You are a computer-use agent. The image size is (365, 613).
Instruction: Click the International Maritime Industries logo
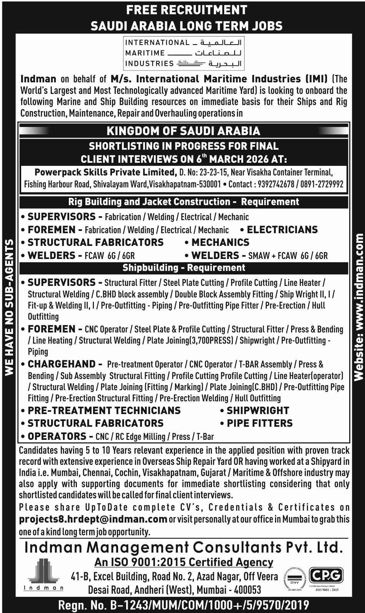point(183,53)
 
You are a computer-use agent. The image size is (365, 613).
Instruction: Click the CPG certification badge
point(326,575)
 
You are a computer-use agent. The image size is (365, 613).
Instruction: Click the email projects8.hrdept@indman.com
point(93,519)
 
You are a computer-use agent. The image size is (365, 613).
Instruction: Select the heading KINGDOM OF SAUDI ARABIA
point(183,131)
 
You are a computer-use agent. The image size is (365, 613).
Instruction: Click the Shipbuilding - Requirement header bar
point(183,267)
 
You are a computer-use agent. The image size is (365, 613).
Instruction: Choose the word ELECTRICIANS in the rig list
point(282,230)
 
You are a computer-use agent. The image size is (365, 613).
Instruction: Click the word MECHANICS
point(220,242)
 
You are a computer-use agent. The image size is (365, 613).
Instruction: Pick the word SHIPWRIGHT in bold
point(258,411)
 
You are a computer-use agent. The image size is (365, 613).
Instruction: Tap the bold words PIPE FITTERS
point(260,423)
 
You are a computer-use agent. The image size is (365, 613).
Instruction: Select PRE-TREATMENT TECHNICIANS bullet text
point(104,411)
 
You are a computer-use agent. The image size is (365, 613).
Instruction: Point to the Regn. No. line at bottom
point(183,605)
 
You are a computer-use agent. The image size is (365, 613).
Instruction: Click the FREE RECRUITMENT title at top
point(187,10)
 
